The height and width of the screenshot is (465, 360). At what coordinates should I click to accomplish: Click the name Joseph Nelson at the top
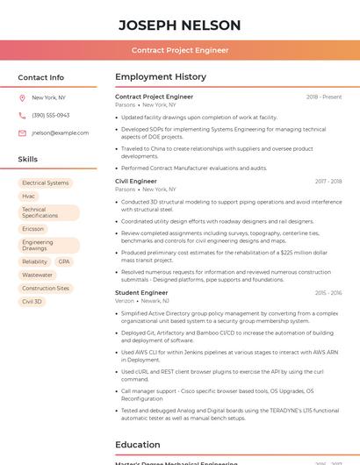179,25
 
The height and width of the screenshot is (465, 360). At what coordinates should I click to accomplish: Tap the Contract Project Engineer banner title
179,50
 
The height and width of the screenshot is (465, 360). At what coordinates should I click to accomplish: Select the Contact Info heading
41,77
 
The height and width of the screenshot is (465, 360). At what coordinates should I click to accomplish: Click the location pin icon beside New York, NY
22,97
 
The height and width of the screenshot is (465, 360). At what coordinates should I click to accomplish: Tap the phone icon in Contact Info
22,115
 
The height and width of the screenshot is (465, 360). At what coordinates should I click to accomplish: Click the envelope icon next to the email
22,132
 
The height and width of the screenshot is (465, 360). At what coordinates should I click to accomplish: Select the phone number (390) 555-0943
51,115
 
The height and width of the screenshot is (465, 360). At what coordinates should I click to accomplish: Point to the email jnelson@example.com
61,132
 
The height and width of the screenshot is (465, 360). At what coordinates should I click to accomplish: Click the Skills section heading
28,159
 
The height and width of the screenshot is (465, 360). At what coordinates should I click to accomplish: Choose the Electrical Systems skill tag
46,183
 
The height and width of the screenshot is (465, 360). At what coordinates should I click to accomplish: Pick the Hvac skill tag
29,197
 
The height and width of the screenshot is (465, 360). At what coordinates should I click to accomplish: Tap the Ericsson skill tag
32,229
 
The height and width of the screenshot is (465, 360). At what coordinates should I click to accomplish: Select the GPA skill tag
64,261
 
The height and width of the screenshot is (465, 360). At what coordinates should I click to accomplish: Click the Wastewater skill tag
37,275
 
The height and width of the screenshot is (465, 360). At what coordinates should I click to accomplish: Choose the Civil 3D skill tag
32,301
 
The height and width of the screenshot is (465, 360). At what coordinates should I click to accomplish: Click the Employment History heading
160,77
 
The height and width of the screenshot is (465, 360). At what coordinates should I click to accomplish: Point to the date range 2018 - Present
324,97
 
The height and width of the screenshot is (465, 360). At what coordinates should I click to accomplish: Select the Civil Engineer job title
136,181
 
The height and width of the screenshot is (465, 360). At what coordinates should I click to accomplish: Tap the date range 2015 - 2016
328,292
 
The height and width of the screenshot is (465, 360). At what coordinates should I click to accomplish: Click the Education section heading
137,445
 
